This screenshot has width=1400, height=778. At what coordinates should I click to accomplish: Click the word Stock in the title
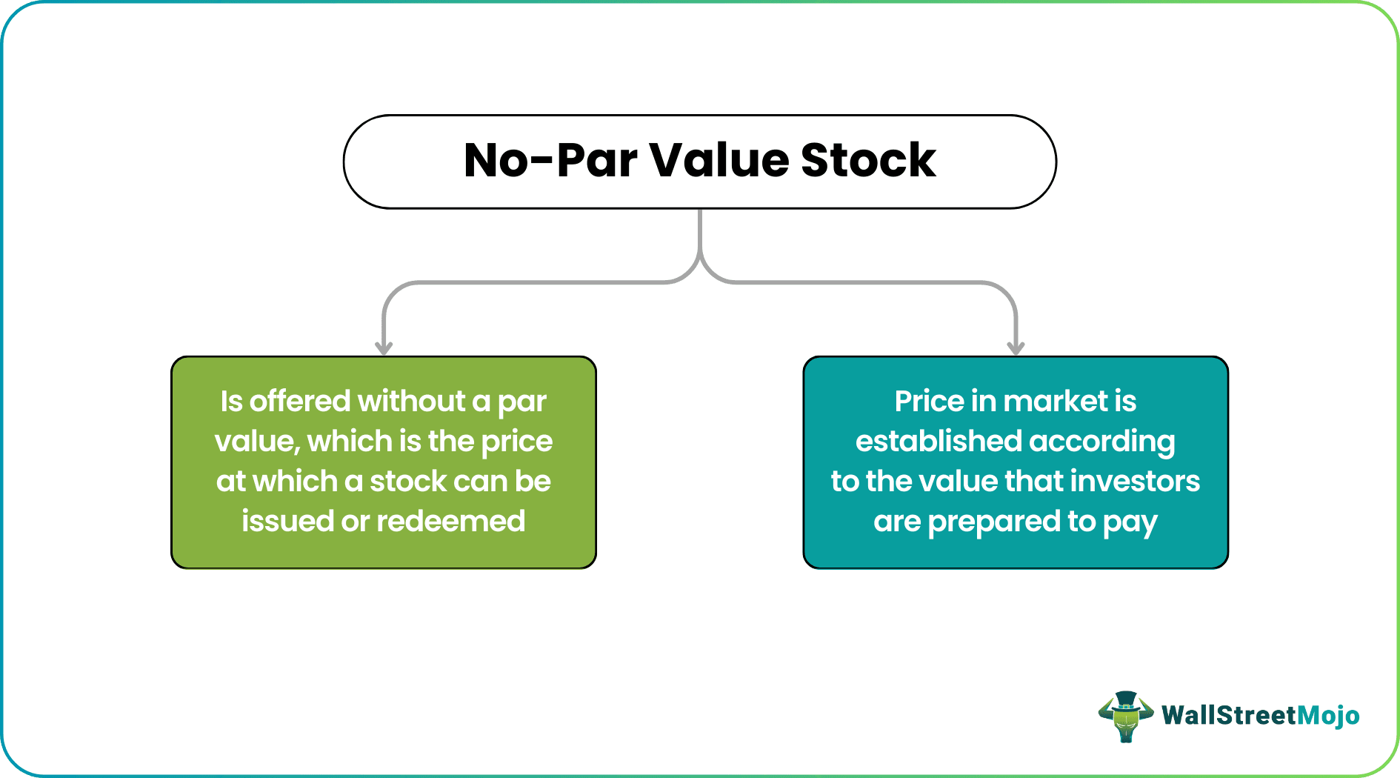pyautogui.click(x=868, y=160)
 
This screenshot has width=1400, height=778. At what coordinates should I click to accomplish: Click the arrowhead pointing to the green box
pyautogui.click(x=384, y=346)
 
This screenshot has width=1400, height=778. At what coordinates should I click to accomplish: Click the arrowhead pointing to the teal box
pyautogui.click(x=1016, y=346)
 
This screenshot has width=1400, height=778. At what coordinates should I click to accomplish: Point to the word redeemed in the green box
pyautogui.click(x=451, y=521)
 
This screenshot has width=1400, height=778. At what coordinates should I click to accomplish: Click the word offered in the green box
pyautogui.click(x=300, y=401)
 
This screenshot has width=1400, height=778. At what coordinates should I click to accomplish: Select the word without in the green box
pyautogui.click(x=411, y=401)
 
